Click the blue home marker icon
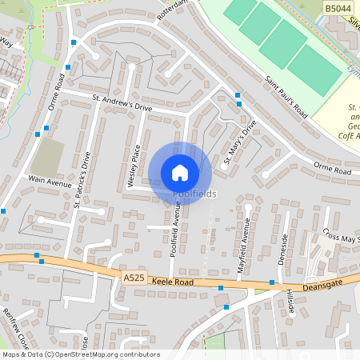pyautogui.click(x=180, y=173)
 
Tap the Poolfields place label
pyautogui.click(x=194, y=194)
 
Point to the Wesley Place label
pyautogui.click(x=134, y=166)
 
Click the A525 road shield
pyautogui.click(x=134, y=277)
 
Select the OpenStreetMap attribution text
pyautogui.click(x=80, y=354)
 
